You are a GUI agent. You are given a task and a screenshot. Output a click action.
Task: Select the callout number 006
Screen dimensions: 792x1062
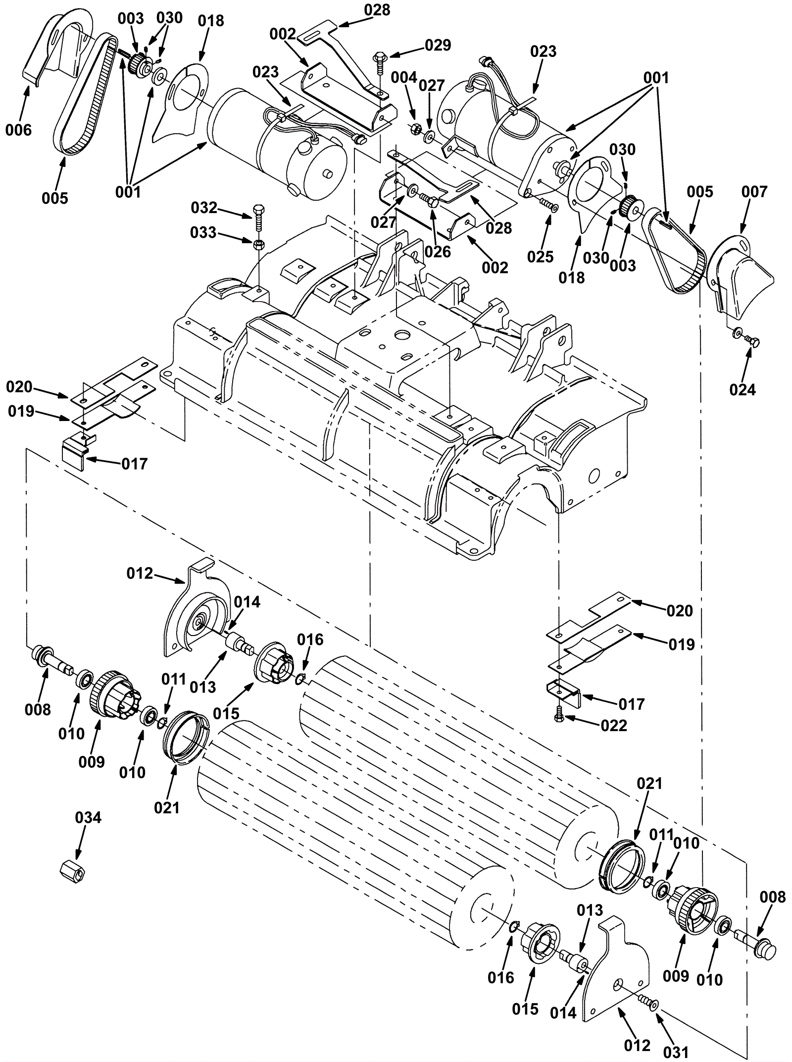click(18, 130)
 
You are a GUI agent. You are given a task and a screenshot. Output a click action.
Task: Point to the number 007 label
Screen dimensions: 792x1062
click(754, 192)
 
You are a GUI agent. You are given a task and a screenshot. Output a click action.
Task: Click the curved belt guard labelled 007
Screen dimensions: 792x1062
click(740, 277)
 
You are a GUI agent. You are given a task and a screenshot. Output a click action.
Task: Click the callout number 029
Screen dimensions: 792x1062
click(438, 46)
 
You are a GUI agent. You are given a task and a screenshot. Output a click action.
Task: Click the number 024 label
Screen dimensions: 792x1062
click(742, 390)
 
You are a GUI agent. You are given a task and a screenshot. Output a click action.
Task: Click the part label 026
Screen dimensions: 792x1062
click(438, 252)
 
